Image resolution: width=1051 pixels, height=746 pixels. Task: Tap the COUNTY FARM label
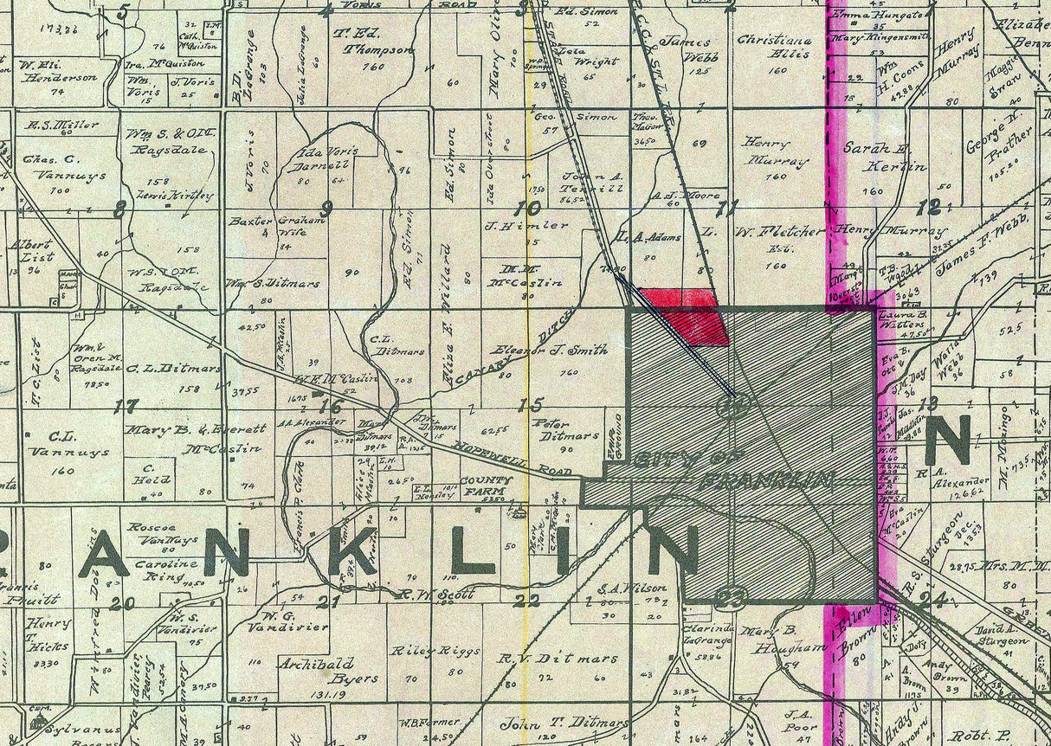[x=475, y=486]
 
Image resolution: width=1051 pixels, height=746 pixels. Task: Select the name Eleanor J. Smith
[x=550, y=350]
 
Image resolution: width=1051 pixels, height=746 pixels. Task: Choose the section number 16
[x=330, y=405]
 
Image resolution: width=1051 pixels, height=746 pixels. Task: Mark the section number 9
[x=326, y=207]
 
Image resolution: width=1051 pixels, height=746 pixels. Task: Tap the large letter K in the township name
[x=355, y=551]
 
